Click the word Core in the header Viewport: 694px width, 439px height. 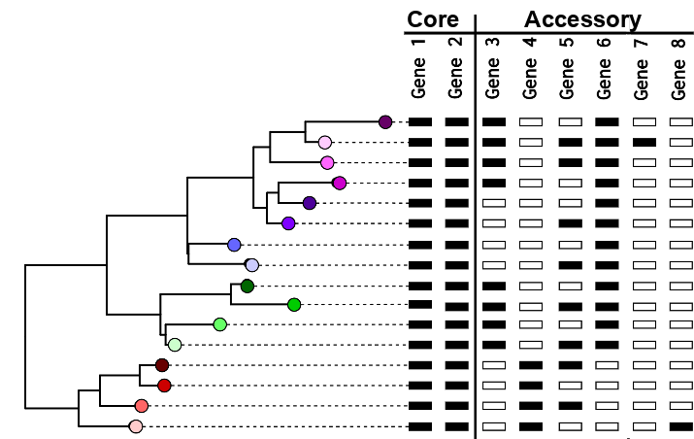coord(433,19)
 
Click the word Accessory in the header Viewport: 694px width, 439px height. coord(582,19)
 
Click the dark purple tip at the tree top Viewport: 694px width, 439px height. coord(385,121)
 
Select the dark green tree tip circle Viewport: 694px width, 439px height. coord(248,286)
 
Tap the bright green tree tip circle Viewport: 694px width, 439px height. coord(294,305)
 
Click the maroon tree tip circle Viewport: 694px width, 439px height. coord(162,365)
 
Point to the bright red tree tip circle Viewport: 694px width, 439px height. coord(164,386)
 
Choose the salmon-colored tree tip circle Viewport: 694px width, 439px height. coord(142,406)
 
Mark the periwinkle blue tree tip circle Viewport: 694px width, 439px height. coord(234,245)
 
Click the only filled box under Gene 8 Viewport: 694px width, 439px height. coord(681,426)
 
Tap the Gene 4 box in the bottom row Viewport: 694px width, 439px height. coord(531,426)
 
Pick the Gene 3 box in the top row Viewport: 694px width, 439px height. coord(494,122)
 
